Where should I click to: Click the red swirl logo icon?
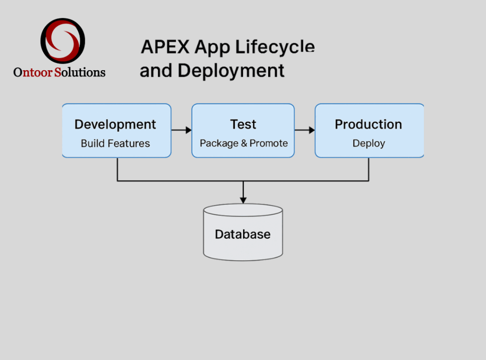[x=63, y=41]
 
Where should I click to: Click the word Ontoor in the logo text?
[x=33, y=72]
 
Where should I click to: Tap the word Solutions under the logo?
[x=80, y=72]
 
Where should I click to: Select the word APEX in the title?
[x=165, y=47]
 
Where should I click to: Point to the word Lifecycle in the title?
[x=275, y=47]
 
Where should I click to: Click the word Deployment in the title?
[x=231, y=71]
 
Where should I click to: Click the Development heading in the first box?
[x=115, y=125]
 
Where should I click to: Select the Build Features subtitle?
[x=115, y=143]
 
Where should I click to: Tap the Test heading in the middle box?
[x=243, y=124]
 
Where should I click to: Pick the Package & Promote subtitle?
[x=243, y=143]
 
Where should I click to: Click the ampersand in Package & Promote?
[x=244, y=143]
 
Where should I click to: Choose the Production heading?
[x=368, y=124]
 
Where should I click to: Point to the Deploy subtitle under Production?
[x=369, y=143]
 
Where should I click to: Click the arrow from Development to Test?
[x=181, y=130]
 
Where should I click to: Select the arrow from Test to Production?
[x=305, y=130]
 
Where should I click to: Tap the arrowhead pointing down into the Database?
[x=243, y=200]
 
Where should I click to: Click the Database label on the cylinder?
[x=243, y=234]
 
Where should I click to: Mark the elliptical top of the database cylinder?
[x=243, y=210]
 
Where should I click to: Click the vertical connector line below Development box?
[x=118, y=169]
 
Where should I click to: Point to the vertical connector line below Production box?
[x=369, y=169]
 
